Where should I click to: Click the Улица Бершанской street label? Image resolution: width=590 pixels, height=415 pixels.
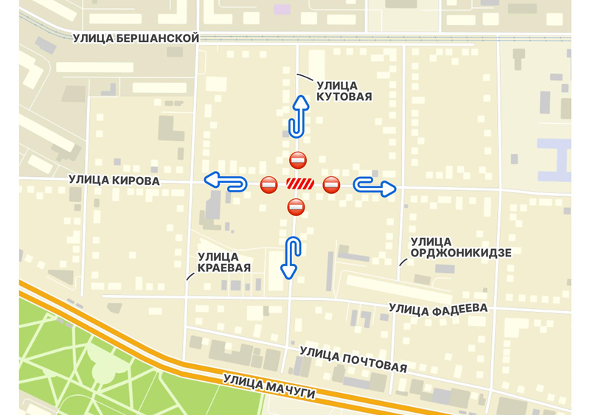pos(136,38)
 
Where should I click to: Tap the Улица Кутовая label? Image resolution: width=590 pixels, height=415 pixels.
pos(344,91)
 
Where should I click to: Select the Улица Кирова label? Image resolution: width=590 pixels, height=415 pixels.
pos(114,180)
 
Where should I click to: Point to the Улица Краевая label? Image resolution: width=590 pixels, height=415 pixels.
pos(224,262)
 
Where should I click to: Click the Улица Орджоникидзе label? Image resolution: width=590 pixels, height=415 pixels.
pos(461,248)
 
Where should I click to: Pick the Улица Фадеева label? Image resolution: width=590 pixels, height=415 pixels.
pos(438,310)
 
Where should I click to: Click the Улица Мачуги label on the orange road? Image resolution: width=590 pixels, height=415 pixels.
pos(269,388)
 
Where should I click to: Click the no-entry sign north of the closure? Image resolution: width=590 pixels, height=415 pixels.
pos(298,159)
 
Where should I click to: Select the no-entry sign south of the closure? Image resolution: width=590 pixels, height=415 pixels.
pos(296,207)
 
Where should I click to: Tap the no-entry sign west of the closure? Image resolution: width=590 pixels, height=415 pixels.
pos(269,184)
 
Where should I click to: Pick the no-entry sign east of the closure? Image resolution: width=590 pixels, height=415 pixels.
pos(332,184)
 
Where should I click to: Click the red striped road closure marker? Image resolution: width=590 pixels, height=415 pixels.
pos(300,184)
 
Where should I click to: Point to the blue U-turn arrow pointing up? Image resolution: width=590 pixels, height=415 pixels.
pos(297,116)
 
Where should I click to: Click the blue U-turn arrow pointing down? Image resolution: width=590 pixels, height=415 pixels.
pos(291,257)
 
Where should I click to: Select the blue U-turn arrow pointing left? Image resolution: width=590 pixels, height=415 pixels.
pos(225,181)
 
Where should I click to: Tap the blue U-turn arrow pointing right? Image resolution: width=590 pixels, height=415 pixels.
pos(375,186)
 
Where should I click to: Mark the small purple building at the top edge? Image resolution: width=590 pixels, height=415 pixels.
pos(282,10)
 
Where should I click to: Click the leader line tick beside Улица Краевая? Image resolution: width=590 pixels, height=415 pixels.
pos(190,276)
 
